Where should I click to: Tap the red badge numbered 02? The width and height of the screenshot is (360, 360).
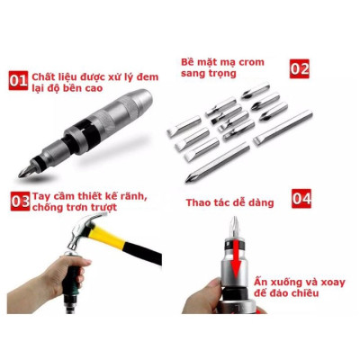click(300, 69)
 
